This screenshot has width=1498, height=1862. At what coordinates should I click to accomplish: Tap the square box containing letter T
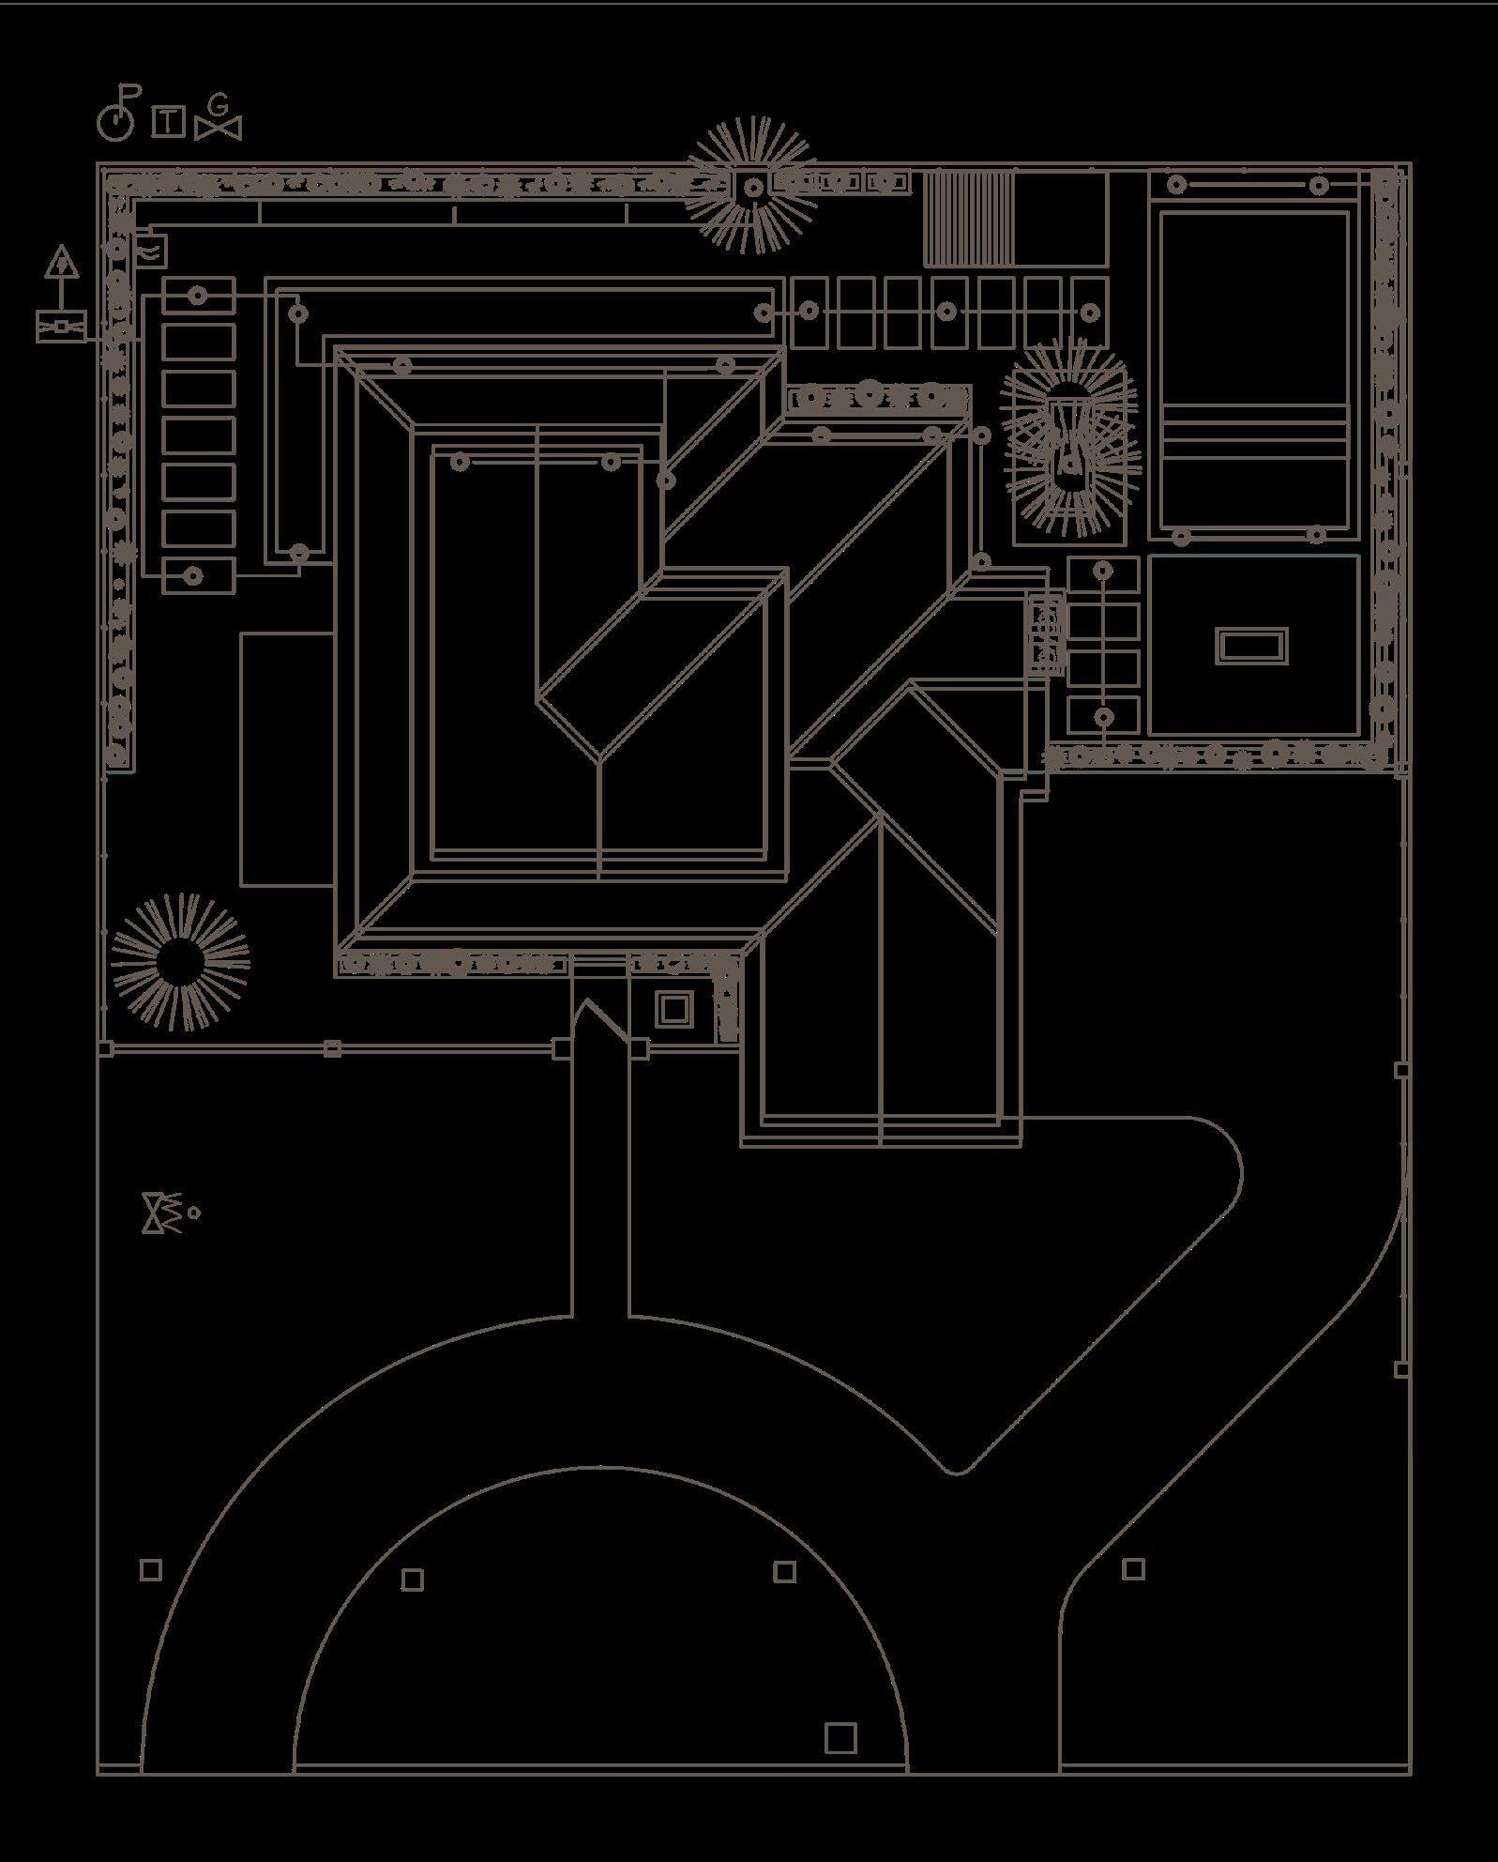tap(168, 122)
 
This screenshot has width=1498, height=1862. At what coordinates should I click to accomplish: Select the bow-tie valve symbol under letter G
tap(219, 127)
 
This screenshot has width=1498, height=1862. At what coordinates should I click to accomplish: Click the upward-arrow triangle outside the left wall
tap(62, 262)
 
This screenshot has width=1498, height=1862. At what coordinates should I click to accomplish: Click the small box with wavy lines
tap(152, 248)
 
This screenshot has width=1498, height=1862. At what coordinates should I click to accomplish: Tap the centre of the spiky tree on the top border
tap(752, 188)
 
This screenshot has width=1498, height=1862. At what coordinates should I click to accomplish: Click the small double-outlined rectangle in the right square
tap(1251, 646)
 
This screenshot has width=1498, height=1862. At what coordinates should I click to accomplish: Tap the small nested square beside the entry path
tap(672, 1009)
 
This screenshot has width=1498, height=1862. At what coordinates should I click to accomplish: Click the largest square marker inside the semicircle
tap(840, 1737)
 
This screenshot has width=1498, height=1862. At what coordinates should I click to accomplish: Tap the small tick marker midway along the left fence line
tap(332, 1048)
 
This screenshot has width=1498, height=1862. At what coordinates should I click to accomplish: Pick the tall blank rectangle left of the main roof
tap(287, 758)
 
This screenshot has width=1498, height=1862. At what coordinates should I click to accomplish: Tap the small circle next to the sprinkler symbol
tap(194, 1213)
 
